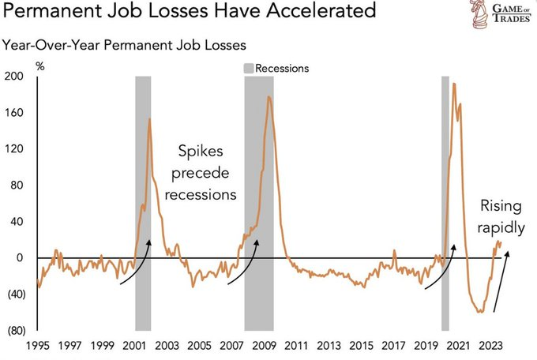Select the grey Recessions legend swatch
tap(253, 68)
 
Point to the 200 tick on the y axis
tap(15, 77)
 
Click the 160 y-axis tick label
tap(15, 113)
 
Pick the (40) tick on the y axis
tap(15, 294)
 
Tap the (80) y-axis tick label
tap(15, 330)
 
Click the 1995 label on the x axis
tap(36, 346)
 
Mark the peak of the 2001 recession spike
tap(150, 118)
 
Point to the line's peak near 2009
tap(269, 97)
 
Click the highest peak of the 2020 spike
tap(453, 83)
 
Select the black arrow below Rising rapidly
tap(501, 281)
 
